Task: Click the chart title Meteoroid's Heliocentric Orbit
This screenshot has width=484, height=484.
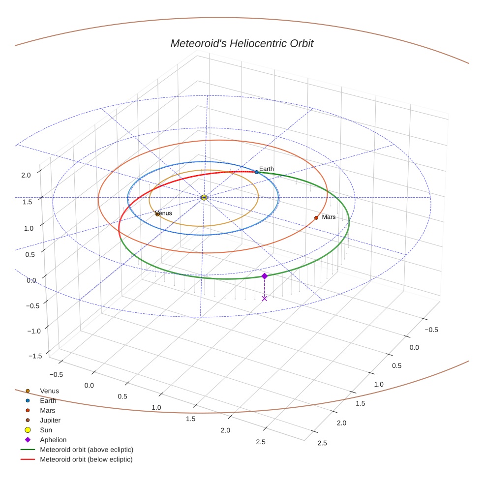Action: click(242, 44)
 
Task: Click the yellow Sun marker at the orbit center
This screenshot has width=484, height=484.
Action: click(204, 197)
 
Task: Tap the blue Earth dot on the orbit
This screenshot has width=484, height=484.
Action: click(256, 172)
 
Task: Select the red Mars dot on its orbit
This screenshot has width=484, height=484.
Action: click(316, 217)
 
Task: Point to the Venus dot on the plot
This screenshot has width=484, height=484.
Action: click(157, 214)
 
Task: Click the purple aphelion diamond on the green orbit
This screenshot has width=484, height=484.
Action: click(264, 276)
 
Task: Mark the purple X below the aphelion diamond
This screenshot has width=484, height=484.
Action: click(264, 299)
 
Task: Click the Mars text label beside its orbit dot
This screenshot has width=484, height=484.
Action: click(329, 217)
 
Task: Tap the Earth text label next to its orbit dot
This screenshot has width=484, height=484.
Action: click(267, 169)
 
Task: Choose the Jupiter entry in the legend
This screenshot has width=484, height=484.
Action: click(50, 420)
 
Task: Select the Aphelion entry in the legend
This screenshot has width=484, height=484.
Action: click(53, 440)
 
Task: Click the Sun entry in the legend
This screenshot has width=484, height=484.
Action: click(46, 430)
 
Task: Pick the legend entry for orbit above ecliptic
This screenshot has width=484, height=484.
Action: click(87, 450)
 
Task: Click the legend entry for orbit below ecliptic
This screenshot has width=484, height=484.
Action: click(86, 459)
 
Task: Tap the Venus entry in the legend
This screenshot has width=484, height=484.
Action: click(49, 391)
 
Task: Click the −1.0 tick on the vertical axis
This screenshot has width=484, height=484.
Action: click(34, 331)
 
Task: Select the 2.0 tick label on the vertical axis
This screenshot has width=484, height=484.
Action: click(26, 175)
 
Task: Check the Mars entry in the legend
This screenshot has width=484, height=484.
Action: click(47, 410)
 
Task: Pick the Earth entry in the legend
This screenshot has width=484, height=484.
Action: click(48, 400)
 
